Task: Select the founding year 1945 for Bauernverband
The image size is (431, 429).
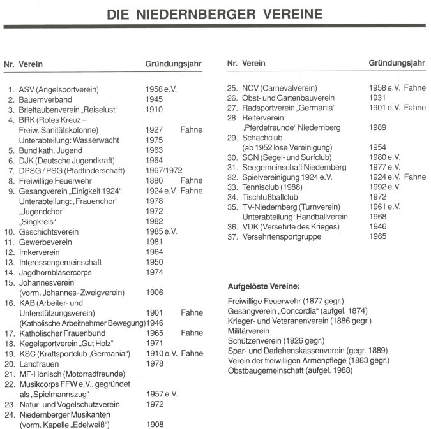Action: [x=155, y=99]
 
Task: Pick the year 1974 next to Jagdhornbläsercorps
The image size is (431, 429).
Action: [x=155, y=272]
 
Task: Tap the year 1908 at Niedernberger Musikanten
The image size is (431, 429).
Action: [x=155, y=425]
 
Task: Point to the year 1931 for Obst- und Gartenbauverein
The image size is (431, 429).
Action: [x=378, y=98]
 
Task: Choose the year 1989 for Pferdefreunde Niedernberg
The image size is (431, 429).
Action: [x=378, y=127]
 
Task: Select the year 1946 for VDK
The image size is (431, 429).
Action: [x=378, y=227]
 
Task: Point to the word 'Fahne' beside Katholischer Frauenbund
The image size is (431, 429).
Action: [x=192, y=333]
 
